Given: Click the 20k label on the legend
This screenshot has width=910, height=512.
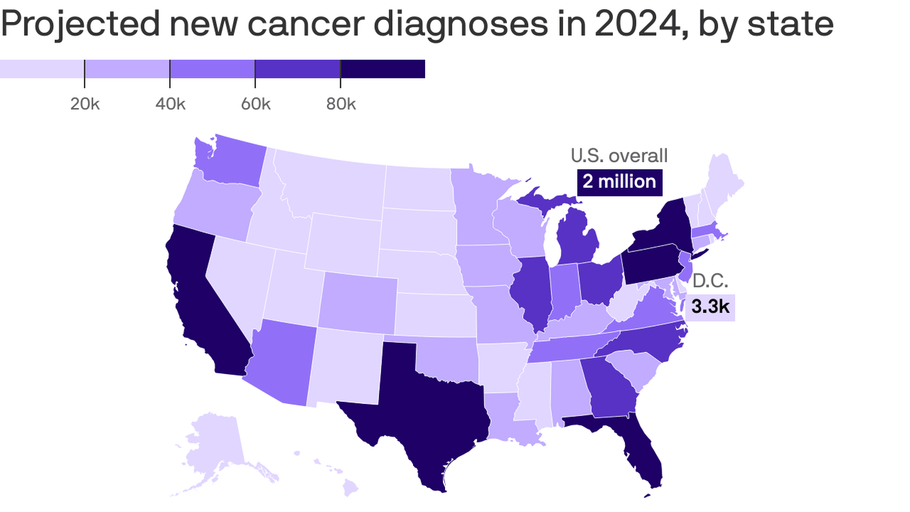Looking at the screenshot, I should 85,105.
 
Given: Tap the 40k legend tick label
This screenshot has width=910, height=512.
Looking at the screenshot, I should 170,105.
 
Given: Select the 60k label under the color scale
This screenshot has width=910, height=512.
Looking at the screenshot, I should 255,105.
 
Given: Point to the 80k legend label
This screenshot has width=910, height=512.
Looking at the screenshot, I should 340,105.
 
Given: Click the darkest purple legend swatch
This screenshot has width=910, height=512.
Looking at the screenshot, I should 382,69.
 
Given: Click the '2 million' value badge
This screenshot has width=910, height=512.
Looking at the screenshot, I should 620,181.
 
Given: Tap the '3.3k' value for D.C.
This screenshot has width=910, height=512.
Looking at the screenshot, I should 709,307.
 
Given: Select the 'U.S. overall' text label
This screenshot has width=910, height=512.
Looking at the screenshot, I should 619,156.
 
